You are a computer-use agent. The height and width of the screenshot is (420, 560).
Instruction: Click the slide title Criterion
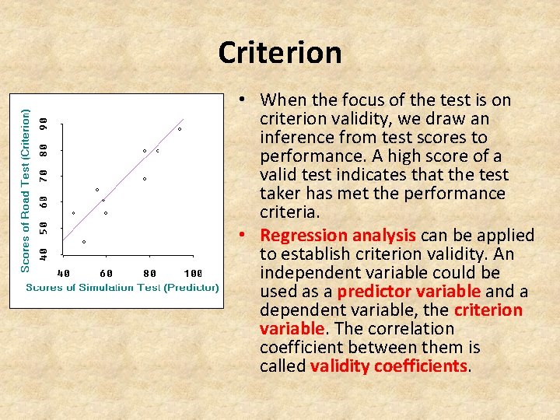[x=280, y=53]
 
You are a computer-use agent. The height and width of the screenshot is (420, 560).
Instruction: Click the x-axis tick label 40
[x=65, y=273]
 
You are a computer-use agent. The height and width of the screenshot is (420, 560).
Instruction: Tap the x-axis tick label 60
[x=107, y=273]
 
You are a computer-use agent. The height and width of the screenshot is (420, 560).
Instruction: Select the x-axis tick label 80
[x=149, y=273]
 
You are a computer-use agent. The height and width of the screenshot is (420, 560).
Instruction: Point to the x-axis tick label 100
[x=194, y=273]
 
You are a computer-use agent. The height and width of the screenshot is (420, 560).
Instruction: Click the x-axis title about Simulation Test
[x=123, y=287]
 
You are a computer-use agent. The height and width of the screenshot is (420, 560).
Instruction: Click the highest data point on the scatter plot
[x=180, y=129]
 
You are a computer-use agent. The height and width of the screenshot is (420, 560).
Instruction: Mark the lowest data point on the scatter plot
[x=84, y=242]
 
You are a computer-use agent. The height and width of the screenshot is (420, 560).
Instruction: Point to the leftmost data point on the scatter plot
[x=74, y=213]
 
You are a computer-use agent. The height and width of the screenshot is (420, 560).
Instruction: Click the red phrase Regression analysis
[x=338, y=236]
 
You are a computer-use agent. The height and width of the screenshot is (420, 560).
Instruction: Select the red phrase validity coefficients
[x=389, y=366]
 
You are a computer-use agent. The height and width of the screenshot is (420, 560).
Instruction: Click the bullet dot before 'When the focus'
[x=243, y=100]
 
